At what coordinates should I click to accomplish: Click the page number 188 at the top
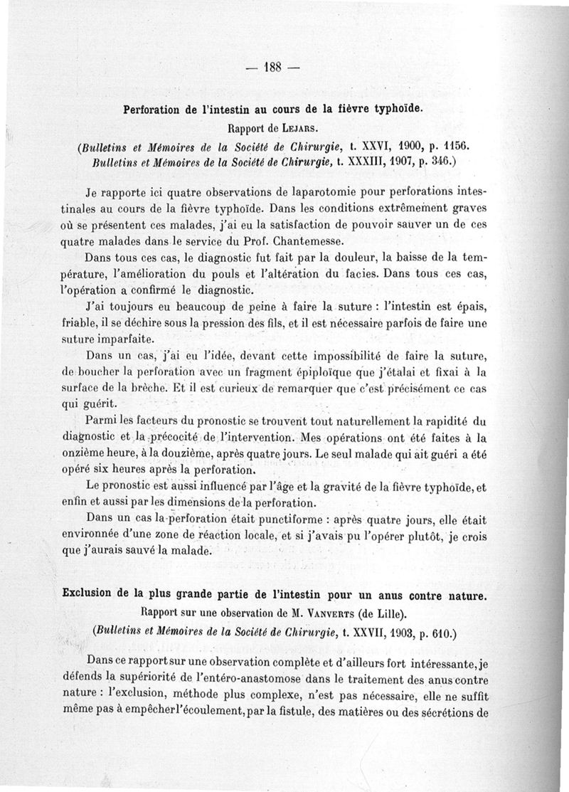click(274, 68)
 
